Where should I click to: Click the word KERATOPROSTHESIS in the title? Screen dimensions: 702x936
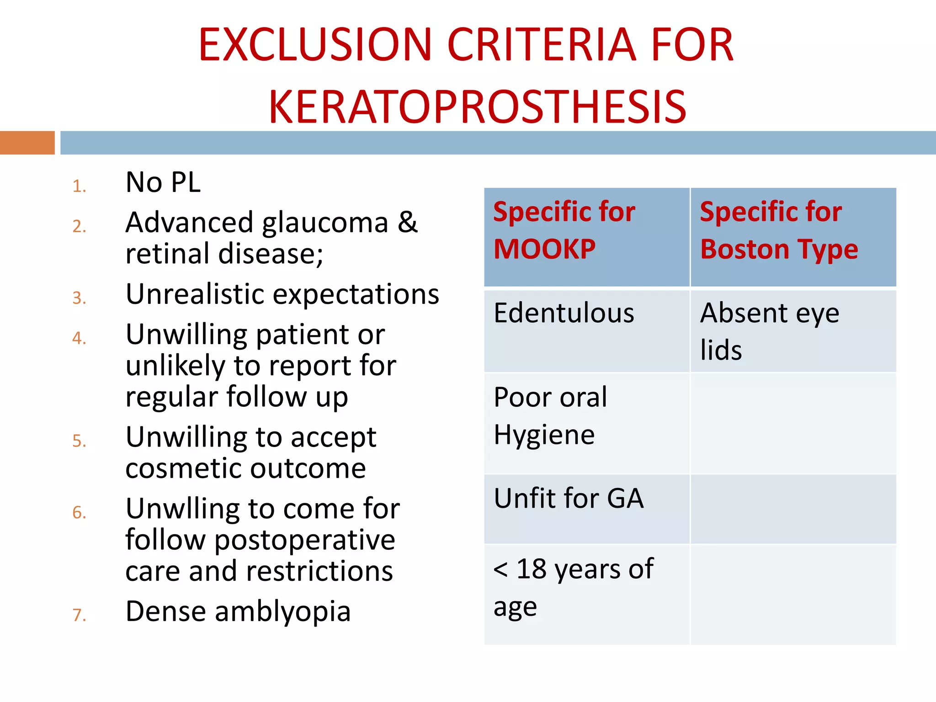[x=477, y=107]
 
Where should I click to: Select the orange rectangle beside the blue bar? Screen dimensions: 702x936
[x=27, y=143]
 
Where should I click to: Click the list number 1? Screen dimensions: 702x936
[x=79, y=186]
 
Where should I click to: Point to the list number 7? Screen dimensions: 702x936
[x=79, y=615]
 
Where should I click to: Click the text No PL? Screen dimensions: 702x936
[x=163, y=182]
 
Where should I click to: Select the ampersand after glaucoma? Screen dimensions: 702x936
[x=407, y=223]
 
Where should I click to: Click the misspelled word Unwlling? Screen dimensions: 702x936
[x=182, y=509]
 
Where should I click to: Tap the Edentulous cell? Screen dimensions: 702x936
[x=564, y=313]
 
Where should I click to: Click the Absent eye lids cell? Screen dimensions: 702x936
[x=770, y=331]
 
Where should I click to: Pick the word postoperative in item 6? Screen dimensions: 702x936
[x=305, y=540]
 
